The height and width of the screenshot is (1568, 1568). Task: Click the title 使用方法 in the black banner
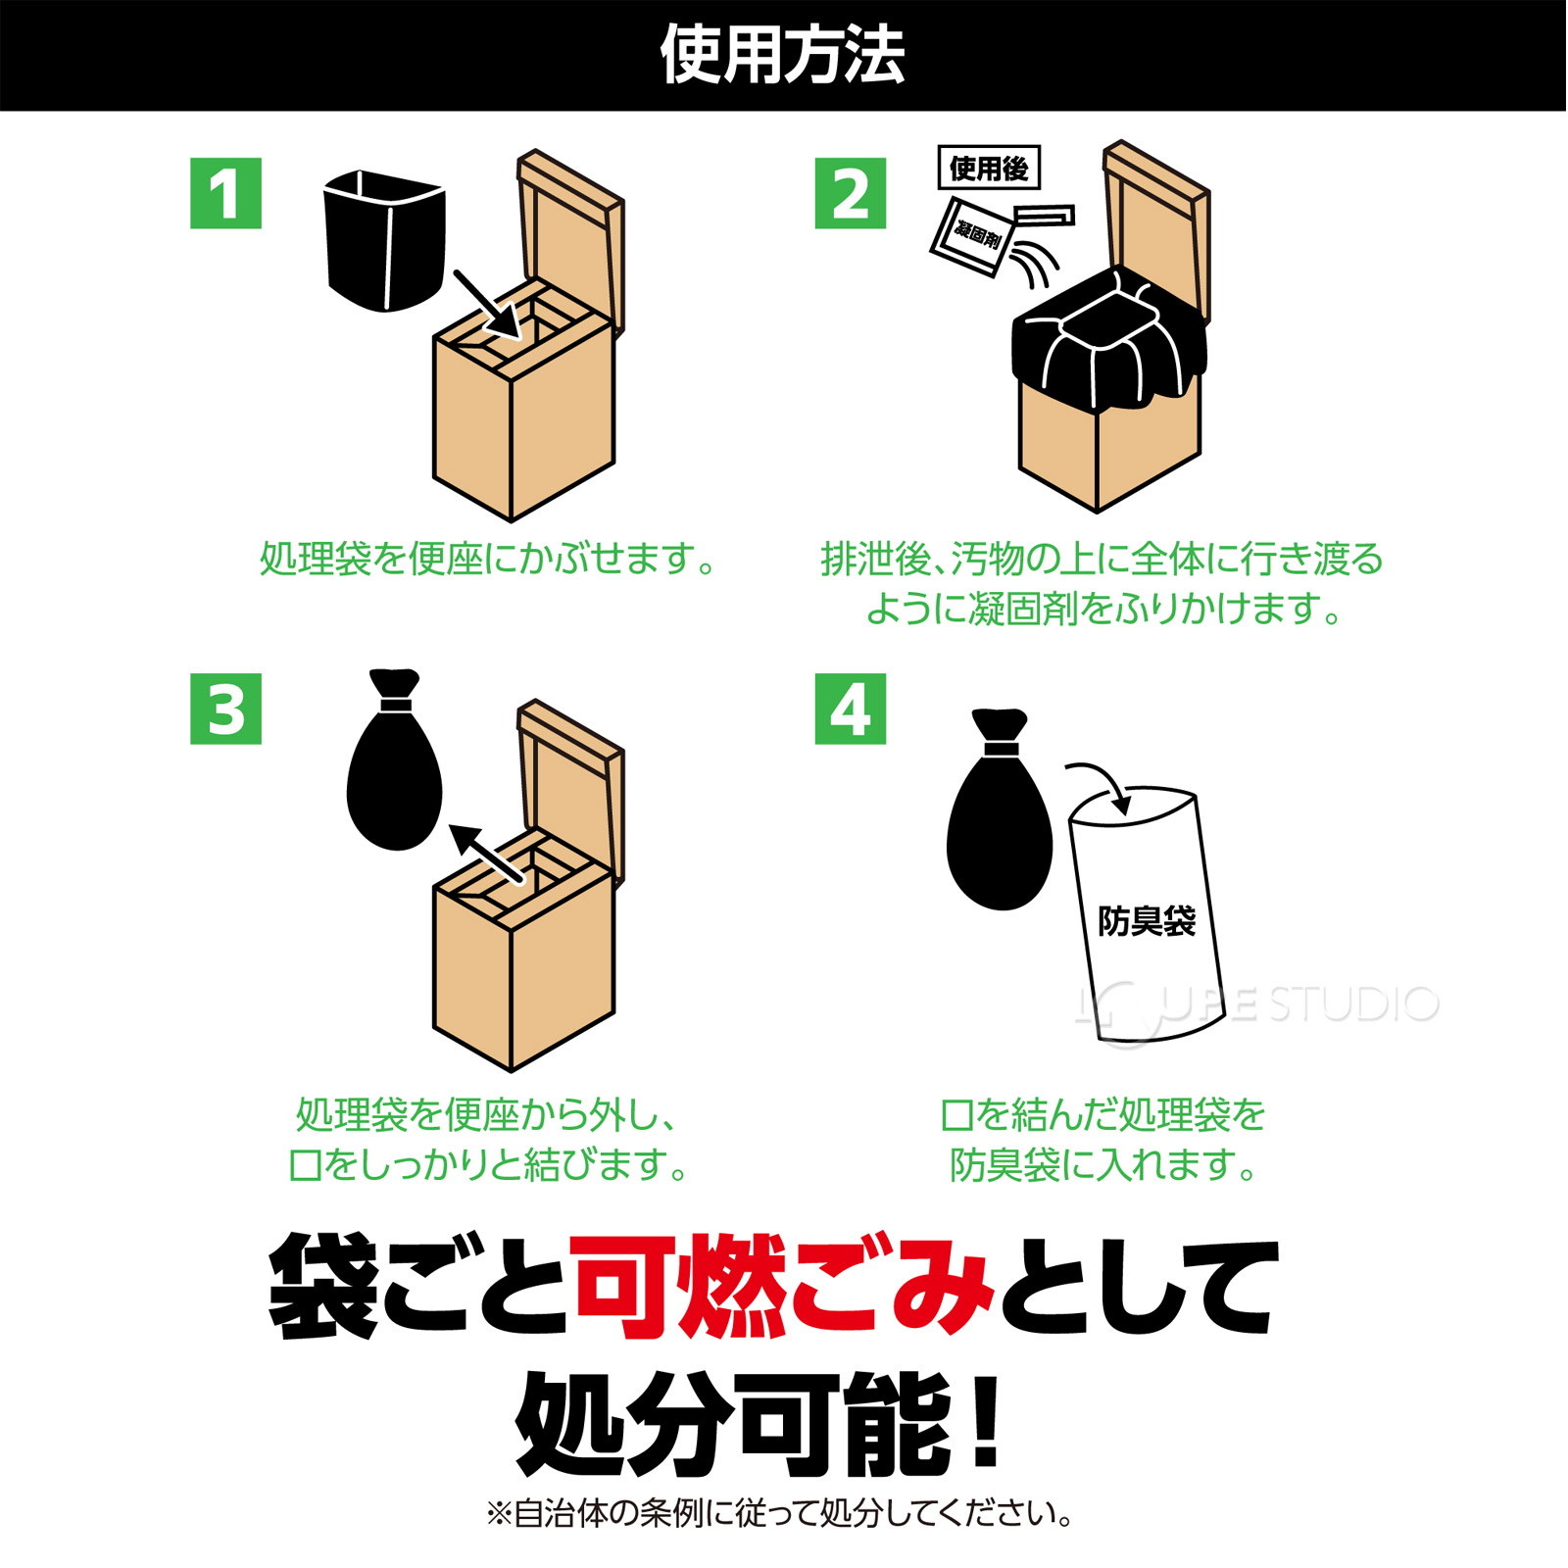(x=782, y=55)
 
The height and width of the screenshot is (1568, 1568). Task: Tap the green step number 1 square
(x=225, y=193)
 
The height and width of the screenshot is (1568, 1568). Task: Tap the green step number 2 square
(x=850, y=193)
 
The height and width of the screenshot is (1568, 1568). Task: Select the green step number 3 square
(x=225, y=709)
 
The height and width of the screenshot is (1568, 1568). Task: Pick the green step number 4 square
(x=850, y=709)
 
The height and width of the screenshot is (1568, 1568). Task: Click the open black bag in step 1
(x=384, y=240)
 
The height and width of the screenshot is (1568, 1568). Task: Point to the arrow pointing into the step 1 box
(x=486, y=303)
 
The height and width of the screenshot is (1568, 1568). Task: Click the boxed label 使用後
(x=989, y=169)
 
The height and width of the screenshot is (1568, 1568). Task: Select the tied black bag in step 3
(x=394, y=774)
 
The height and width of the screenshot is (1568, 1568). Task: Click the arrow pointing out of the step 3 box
(x=486, y=854)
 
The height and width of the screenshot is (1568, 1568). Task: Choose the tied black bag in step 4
(x=1000, y=823)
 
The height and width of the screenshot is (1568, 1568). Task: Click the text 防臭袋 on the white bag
(x=1146, y=921)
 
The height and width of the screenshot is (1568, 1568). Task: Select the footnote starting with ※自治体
(x=779, y=1513)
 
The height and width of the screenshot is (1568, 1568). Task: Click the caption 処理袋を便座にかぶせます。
(x=488, y=559)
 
